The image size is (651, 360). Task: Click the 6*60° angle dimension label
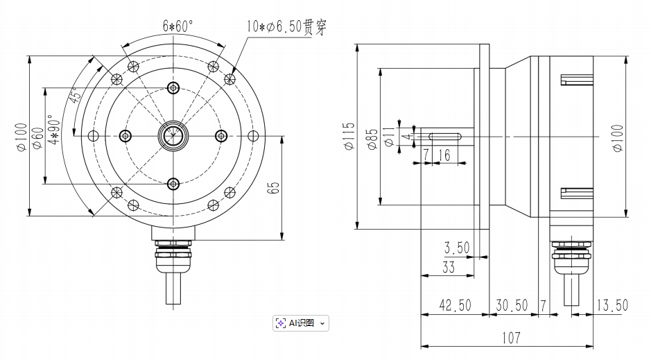178,26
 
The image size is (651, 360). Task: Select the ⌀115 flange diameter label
348,136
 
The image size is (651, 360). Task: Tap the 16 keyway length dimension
445,155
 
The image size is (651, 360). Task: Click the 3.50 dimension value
457,248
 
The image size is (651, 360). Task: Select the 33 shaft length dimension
449,267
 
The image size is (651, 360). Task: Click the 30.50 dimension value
513,306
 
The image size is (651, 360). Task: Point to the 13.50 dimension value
611,306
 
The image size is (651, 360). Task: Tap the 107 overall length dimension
510,338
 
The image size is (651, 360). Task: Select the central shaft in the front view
173,135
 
